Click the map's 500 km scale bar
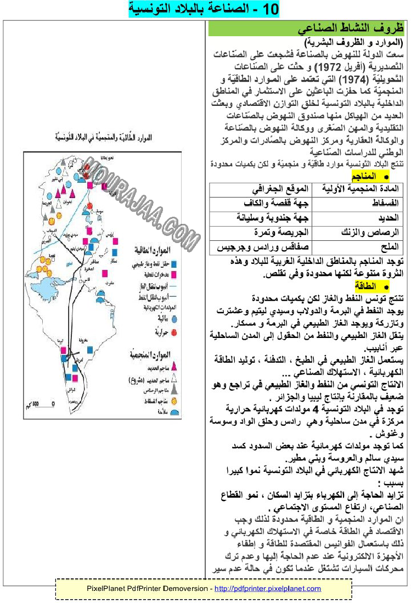coord(42,404)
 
